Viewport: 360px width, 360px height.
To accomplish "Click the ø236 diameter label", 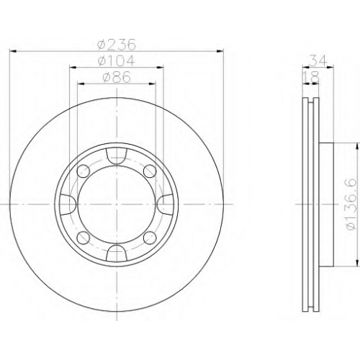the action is point(117,45).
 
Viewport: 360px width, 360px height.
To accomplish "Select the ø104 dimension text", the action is point(117,61).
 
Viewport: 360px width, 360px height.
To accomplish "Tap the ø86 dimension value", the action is point(117,77).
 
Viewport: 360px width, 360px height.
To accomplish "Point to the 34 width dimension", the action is point(318,60).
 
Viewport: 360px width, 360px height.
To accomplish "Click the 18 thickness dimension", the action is point(311,77).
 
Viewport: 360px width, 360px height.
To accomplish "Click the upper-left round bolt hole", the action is point(84,171).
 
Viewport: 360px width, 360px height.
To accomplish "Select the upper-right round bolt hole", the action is point(150,171).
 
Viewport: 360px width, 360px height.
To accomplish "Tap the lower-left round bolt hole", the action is point(84,238).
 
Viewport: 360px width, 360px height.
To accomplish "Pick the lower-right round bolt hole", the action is point(150,238).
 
